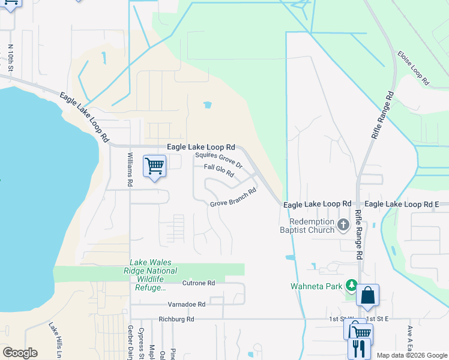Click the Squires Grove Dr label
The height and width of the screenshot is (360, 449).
point(218,160)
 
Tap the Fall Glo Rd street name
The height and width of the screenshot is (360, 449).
point(218,170)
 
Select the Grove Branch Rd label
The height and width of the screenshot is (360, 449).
point(233,197)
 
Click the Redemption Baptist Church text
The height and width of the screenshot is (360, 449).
point(307,225)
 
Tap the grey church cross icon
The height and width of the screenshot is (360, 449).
point(343,226)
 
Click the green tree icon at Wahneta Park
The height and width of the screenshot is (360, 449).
point(351,285)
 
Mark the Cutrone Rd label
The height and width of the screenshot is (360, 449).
point(198,283)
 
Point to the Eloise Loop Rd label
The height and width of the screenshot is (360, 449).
point(413,67)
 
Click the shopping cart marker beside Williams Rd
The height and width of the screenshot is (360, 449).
point(154,166)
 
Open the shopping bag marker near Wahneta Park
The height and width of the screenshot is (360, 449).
point(367,295)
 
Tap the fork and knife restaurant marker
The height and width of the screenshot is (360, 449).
point(359,348)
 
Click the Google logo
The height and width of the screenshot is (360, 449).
point(20,353)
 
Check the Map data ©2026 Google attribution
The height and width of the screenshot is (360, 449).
point(411,355)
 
